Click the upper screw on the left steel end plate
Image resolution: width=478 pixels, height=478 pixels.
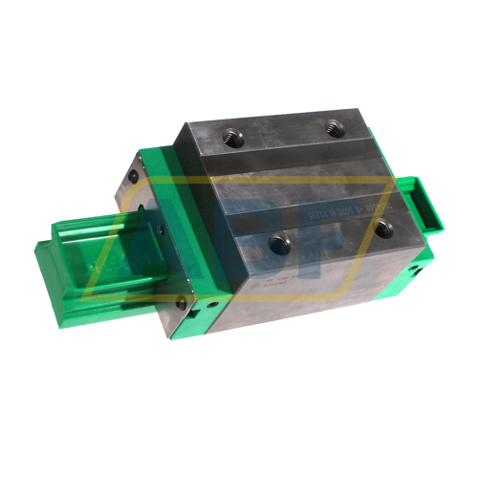click(131, 178)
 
